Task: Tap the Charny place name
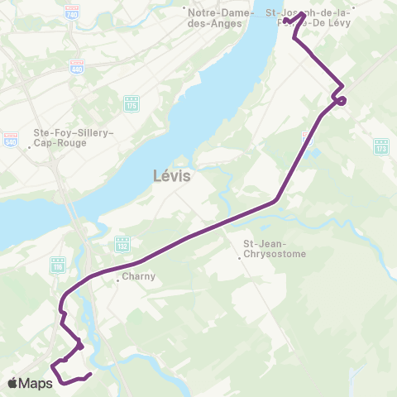[x=138, y=277]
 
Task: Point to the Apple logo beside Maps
[x=14, y=382]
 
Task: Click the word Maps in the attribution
[x=38, y=382]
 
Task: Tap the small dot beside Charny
[x=118, y=279]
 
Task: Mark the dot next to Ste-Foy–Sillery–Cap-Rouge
[x=30, y=149]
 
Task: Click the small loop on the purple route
[x=340, y=101]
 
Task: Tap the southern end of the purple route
[x=88, y=375]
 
